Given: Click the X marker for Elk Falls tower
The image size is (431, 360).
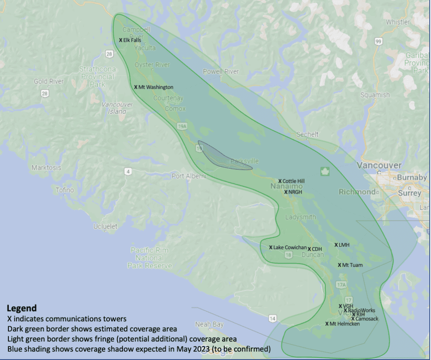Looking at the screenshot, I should (121, 40).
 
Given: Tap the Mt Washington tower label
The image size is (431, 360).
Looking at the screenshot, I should (155, 87).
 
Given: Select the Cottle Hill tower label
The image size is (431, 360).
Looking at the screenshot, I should (293, 181).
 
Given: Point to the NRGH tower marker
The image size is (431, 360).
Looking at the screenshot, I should (286, 192).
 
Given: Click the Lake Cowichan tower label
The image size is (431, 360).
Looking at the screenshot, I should (290, 247).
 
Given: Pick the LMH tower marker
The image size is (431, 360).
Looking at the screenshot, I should (336, 245).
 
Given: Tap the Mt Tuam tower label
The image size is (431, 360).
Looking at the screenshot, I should (352, 265).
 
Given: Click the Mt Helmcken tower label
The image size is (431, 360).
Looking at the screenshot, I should (344, 324).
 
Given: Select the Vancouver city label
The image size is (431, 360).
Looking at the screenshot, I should (379, 165).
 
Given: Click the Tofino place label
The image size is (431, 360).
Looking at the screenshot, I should (65, 190).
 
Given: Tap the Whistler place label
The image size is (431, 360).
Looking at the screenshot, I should (398, 22).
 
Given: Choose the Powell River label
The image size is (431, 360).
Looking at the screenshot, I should (221, 72).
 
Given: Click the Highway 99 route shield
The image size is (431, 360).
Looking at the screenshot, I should (378, 41).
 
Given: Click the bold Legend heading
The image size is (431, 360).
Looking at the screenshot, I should (21, 308).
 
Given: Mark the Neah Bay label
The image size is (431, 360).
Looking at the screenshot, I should (209, 325).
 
